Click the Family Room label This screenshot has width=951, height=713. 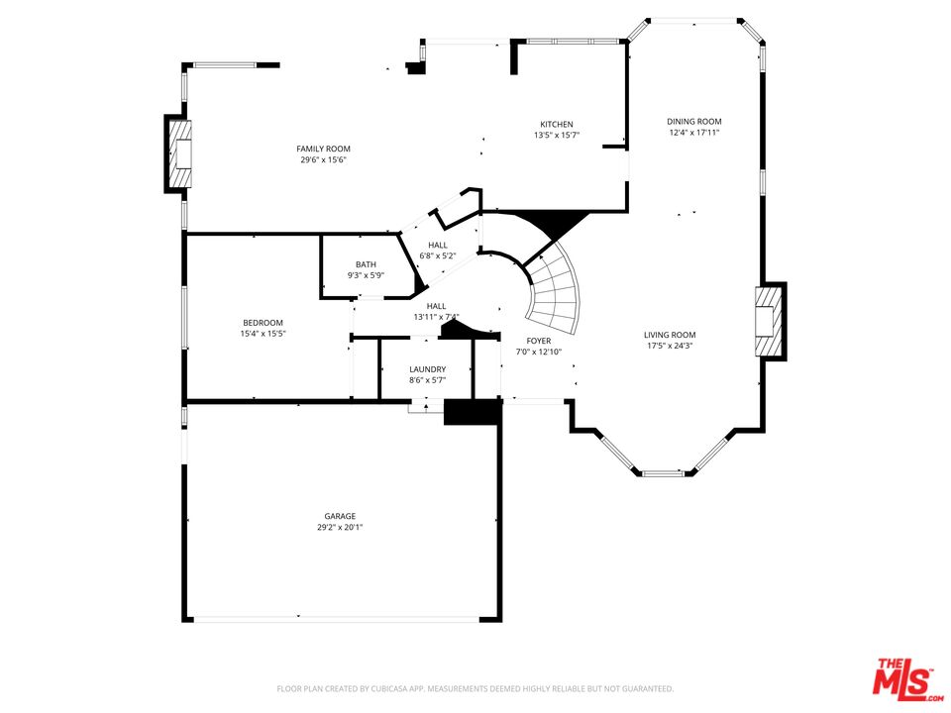coord(323,149)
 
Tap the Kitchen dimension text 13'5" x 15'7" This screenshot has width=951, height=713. coord(557,136)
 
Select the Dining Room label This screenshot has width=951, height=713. coord(694,121)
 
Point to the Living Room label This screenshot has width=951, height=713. coord(670,335)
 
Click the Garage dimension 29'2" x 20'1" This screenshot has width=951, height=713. coord(340,528)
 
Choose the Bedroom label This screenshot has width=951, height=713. coord(263,323)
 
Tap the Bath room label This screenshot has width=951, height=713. coord(366,264)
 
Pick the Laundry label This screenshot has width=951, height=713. coord(428,369)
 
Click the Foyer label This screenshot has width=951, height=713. coord(539,341)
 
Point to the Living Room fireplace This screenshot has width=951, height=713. coord(769,321)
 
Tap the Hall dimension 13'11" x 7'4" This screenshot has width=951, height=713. coord(436,317)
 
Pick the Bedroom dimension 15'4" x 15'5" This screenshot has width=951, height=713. coord(263,334)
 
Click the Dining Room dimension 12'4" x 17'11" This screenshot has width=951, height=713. coord(693,132)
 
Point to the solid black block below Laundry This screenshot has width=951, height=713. coord(474,412)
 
